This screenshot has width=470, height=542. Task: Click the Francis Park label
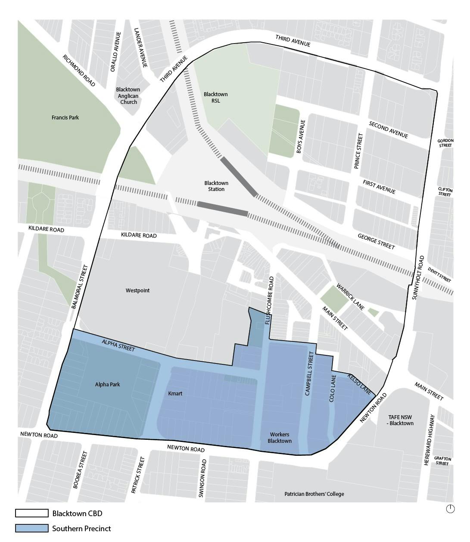tap(65, 117)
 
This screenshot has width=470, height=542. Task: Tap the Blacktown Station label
tap(216, 186)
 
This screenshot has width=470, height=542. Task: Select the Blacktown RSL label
tap(215, 97)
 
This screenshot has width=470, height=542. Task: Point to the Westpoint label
tap(137, 290)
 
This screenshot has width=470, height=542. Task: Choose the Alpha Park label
tap(107, 384)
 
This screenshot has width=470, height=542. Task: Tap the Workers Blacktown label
tap(280, 438)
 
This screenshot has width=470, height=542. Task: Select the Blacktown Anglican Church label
tap(128, 96)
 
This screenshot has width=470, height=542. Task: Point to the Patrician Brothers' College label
tap(314, 494)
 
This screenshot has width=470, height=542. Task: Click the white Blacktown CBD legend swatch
tap(32, 513)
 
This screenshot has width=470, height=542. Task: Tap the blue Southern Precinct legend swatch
tap(32, 528)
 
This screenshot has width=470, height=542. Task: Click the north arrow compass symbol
tap(450, 509)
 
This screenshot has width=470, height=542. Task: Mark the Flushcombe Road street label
tap(270, 300)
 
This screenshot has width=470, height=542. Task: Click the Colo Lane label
tap(332, 391)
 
